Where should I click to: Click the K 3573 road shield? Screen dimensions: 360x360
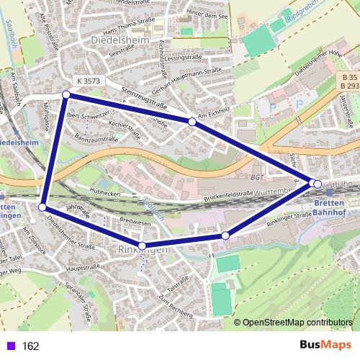coord(86,81)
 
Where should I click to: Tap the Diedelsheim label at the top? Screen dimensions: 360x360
coord(121,41)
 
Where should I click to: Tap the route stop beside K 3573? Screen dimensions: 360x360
coord(66,94)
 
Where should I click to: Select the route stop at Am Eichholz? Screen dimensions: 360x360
coord(192,122)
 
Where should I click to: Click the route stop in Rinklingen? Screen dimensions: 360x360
coord(143,246)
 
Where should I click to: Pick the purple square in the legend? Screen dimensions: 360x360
coord(9,346)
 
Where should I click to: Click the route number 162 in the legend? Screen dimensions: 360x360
coord(30,346)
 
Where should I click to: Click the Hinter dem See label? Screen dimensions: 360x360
coord(207,12)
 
